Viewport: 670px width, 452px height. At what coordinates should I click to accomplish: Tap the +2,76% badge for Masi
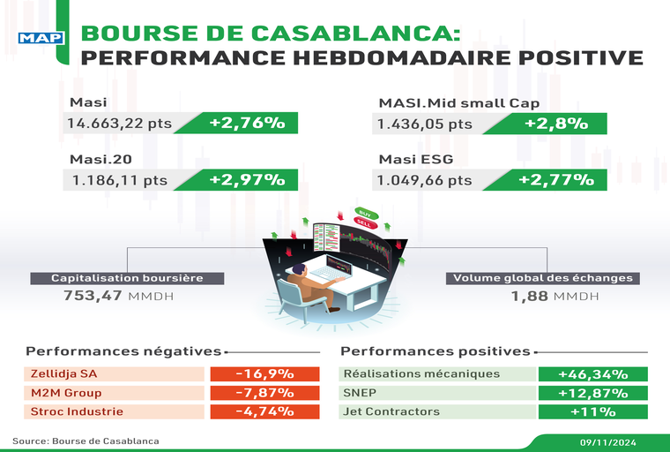[240, 124]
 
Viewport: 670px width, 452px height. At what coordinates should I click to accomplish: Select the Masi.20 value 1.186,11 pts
[116, 180]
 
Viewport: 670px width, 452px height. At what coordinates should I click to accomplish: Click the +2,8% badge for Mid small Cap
[555, 124]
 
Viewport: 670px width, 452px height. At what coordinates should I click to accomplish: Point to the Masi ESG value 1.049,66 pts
[425, 180]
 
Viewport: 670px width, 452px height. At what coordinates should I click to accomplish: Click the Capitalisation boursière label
[127, 278]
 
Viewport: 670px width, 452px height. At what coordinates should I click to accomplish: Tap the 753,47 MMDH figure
[118, 296]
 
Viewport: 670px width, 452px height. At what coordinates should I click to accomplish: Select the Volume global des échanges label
[543, 278]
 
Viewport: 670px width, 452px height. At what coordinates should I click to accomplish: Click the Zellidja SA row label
[63, 374]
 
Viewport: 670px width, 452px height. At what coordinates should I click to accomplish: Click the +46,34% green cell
[593, 374]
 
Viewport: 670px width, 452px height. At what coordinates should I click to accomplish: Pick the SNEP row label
[361, 393]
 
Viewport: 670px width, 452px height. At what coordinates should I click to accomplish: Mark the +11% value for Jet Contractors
[593, 411]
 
